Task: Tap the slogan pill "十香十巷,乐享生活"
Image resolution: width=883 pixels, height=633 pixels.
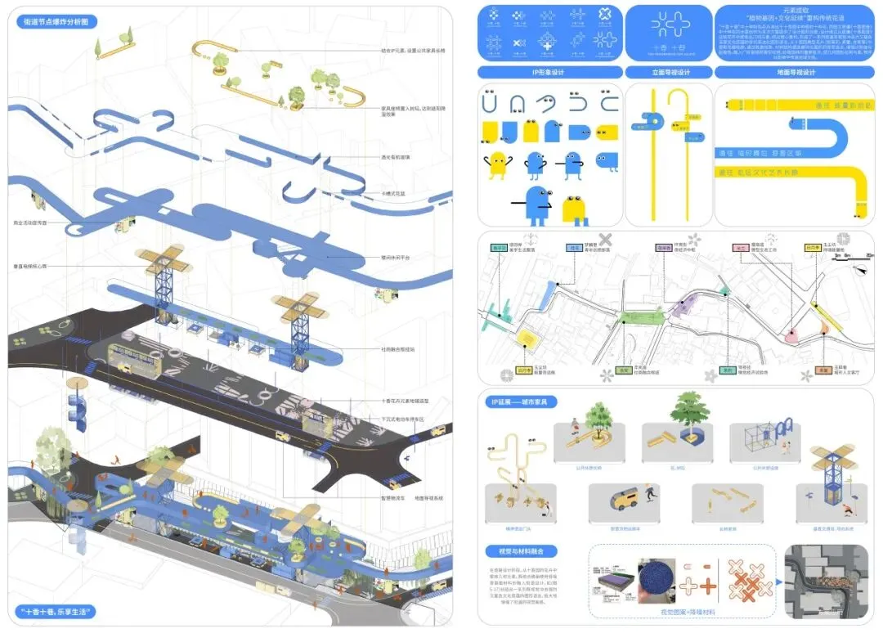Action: click(56, 611)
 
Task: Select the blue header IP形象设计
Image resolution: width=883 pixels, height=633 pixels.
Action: click(549, 73)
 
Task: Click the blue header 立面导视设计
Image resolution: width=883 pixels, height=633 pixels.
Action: click(668, 73)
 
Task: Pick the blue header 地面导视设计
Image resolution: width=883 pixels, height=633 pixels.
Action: click(792, 73)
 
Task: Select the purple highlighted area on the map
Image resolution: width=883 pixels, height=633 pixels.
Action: click(685, 306)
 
